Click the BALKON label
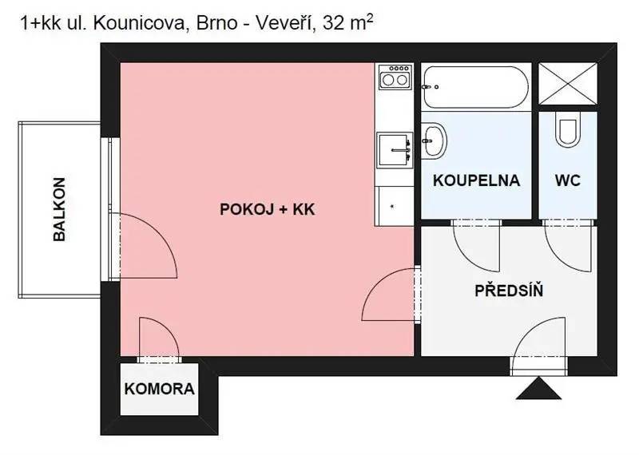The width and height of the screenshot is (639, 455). click(59, 209)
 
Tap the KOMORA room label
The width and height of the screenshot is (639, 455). click(159, 389)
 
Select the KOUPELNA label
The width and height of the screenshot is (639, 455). click(476, 180)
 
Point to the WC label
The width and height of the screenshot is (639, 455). click(568, 180)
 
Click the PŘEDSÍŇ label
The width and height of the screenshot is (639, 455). click(509, 290)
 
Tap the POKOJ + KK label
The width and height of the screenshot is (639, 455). click(268, 209)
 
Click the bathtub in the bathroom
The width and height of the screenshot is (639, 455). click(476, 87)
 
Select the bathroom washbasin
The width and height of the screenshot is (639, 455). click(434, 140)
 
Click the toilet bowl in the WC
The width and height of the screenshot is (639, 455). click(568, 129)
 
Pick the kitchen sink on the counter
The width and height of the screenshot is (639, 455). click(395, 150)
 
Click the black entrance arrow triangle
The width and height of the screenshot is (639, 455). click(538, 388)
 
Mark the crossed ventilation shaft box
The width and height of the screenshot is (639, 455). click(568, 84)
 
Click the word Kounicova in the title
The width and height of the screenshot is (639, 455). click(139, 24)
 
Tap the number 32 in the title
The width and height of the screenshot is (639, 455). click(332, 24)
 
